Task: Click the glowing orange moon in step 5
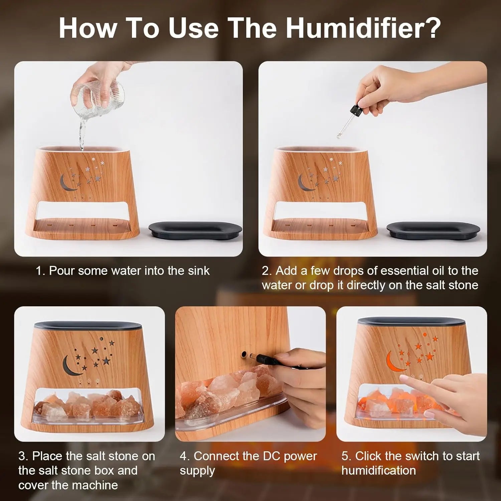(393, 361)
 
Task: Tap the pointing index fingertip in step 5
(402, 379)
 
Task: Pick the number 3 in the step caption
(21, 456)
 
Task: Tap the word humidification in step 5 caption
(378, 471)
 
